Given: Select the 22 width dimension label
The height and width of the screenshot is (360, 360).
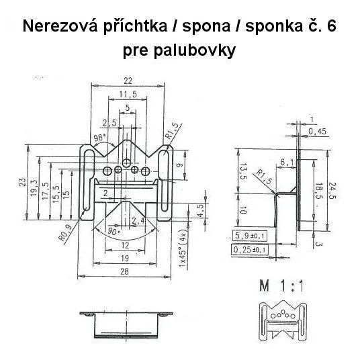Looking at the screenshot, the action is [128, 81].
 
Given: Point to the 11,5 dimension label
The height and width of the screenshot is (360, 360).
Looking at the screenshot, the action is [128, 94].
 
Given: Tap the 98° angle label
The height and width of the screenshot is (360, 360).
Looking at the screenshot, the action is [100, 138].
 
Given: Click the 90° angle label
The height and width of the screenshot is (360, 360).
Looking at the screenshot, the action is [114, 232].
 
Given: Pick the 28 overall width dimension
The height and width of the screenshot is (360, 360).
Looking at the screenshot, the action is [124, 271].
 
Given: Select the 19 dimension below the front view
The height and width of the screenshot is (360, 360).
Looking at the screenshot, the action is [125, 259].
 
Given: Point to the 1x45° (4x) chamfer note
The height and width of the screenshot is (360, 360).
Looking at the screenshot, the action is [183, 250].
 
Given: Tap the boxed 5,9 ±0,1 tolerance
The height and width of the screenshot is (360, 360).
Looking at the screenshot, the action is [250, 236].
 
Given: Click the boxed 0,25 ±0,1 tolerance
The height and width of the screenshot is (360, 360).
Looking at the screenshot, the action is [249, 250].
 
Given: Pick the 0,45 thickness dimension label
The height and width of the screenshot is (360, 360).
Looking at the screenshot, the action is [317, 132].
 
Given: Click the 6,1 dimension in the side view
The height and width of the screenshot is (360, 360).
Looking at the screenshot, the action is [287, 163].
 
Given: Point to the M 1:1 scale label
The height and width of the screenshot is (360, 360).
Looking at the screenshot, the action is [281, 286].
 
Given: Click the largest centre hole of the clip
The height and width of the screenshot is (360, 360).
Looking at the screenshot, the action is [126, 163].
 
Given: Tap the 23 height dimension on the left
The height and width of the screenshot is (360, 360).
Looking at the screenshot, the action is [23, 182].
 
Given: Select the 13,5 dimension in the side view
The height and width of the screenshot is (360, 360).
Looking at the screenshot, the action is [243, 171].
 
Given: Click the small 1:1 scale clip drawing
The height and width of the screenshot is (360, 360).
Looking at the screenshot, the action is [283, 320].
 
